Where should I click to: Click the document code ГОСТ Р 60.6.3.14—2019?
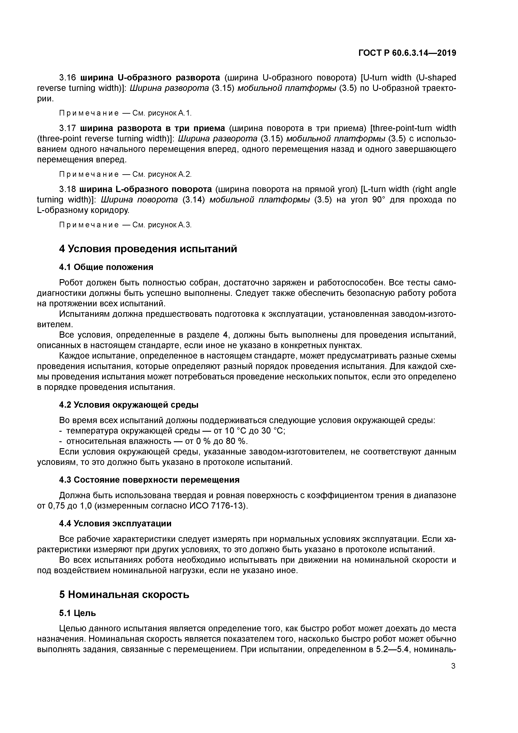click(407, 53)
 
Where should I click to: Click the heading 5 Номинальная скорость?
click(124, 595)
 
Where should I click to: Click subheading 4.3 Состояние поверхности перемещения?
click(149, 480)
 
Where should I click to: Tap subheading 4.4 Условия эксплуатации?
click(115, 524)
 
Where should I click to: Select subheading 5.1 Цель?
click(77, 613)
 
